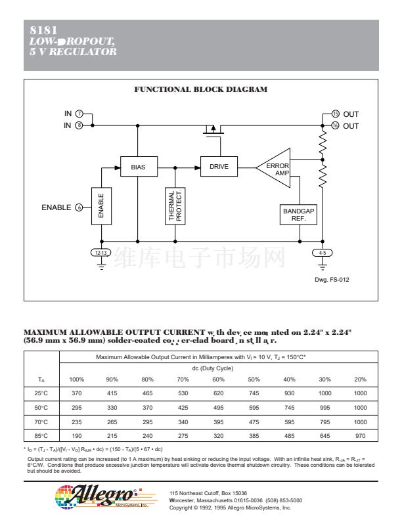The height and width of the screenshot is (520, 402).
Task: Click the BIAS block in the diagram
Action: point(138,167)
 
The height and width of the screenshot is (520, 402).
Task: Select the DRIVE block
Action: point(219,167)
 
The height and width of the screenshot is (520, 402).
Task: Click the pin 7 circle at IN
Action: point(79,114)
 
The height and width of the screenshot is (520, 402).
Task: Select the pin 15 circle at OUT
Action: point(335,114)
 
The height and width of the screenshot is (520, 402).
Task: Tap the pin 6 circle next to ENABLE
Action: point(79,207)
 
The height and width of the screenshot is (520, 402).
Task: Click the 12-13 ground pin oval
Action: point(101,253)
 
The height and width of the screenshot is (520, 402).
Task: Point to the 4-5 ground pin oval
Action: point(322,253)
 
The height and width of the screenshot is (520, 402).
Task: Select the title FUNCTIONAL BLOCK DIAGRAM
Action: point(200,89)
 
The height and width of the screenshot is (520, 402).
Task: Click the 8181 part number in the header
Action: point(44,30)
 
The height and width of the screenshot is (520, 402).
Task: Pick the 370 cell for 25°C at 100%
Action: point(77,393)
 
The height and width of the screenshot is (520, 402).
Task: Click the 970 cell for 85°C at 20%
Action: point(360,435)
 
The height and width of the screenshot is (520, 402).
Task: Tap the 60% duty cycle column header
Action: point(218,379)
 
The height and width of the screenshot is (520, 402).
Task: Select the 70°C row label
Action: point(41,422)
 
